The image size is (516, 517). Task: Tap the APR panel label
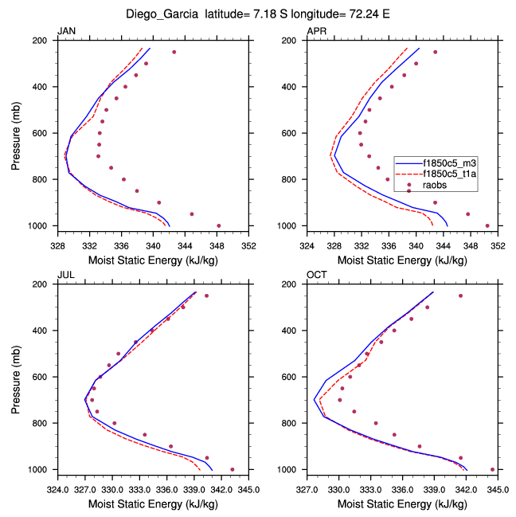pos(316,31)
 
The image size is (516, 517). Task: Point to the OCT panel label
pos(316,275)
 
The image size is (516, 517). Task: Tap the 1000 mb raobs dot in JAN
pos(219,225)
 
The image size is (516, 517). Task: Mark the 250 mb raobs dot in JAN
pos(174,52)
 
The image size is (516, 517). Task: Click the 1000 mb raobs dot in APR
pos(487,225)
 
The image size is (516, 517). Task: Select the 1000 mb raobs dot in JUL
pos(232,469)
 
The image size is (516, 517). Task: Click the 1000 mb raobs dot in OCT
pos(492,469)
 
